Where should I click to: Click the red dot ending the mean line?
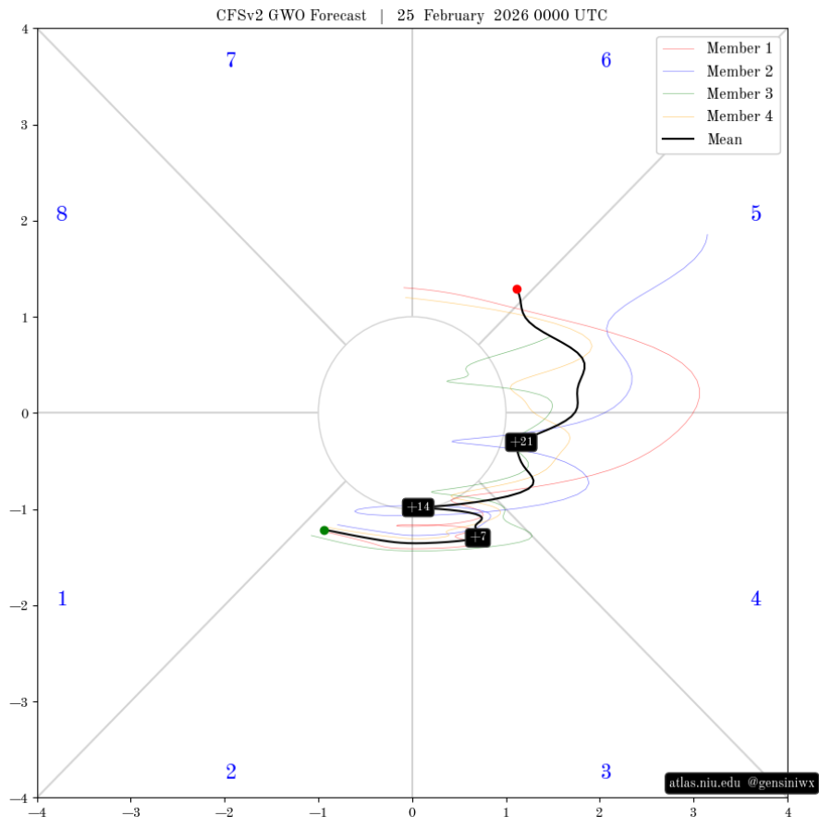click(517, 289)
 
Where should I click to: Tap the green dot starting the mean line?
click(324, 530)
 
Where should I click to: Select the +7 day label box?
click(478, 538)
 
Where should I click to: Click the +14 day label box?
click(419, 507)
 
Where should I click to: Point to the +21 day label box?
click(521, 442)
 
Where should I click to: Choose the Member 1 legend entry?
click(717, 48)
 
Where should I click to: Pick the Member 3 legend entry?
click(717, 93)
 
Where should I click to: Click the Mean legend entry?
click(703, 139)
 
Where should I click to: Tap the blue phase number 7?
click(231, 60)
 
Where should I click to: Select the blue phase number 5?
click(756, 213)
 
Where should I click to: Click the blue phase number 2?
click(231, 772)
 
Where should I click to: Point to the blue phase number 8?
click(62, 213)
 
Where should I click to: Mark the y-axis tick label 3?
click(24, 125)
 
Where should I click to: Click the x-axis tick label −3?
click(131, 812)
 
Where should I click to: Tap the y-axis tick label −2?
click(20, 605)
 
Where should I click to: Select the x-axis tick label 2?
click(600, 812)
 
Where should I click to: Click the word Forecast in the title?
click(338, 16)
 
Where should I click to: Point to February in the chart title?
click(453, 16)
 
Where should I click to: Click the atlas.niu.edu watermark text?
click(705, 783)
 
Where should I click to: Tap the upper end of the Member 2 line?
click(707, 235)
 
